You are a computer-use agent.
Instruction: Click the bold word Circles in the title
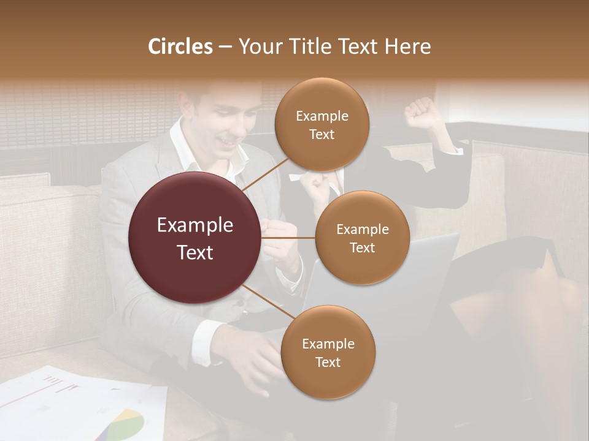click(180, 47)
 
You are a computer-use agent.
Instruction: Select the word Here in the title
click(407, 47)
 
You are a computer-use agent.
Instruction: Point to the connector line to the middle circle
click(288, 238)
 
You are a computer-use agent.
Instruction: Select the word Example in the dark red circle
click(195, 225)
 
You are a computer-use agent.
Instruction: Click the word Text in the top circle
click(321, 135)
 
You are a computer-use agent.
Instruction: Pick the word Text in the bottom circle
click(328, 363)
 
